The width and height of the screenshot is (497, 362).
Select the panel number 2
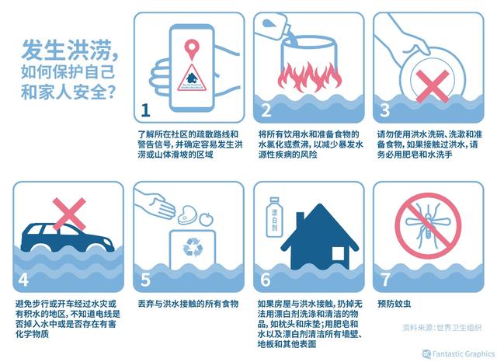(266, 109)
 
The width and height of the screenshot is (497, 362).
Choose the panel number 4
(23, 278)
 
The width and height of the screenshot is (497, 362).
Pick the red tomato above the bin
(207, 219)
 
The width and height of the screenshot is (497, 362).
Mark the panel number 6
(266, 278)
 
